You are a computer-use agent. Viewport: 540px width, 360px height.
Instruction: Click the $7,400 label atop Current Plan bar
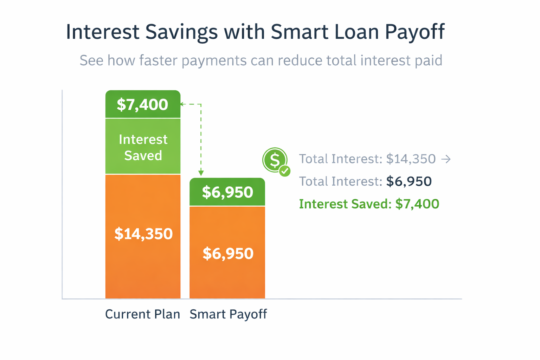(142, 105)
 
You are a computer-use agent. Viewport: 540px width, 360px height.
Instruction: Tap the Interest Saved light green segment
(143, 147)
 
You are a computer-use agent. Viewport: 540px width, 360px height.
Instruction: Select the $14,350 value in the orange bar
(143, 234)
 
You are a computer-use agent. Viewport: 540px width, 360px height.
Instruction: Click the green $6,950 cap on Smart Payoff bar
(227, 192)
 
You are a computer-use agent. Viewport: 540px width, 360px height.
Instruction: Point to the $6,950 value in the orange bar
(228, 253)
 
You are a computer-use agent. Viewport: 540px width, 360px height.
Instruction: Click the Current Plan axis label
(142, 314)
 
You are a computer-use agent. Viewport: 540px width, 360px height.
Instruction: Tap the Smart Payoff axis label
(228, 314)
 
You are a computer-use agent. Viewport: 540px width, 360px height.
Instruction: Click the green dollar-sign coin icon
(275, 160)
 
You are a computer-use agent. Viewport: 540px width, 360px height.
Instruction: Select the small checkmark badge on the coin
(284, 171)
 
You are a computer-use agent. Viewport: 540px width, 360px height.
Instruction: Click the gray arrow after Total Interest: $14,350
(446, 159)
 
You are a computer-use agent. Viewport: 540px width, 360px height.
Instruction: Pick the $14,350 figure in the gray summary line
(411, 159)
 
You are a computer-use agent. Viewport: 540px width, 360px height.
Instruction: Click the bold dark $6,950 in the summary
(409, 181)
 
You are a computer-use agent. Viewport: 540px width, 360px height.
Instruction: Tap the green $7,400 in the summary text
(417, 204)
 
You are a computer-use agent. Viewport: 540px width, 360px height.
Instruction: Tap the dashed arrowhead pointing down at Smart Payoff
(201, 173)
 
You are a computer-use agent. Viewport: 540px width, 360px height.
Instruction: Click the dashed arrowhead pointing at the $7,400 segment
(182, 104)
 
